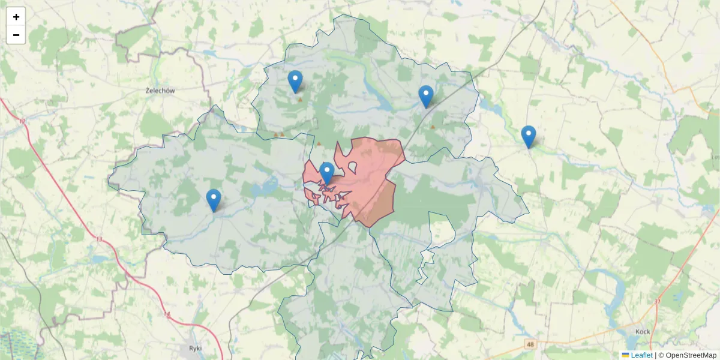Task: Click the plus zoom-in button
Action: (x=16, y=17)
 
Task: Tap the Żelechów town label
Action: (x=160, y=91)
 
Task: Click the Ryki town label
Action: (x=195, y=348)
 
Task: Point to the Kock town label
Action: (x=643, y=331)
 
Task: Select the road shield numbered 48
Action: (x=530, y=344)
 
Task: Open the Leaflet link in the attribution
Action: (x=641, y=355)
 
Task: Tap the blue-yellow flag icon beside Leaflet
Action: (x=626, y=355)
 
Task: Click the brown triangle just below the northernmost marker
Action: (x=300, y=100)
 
